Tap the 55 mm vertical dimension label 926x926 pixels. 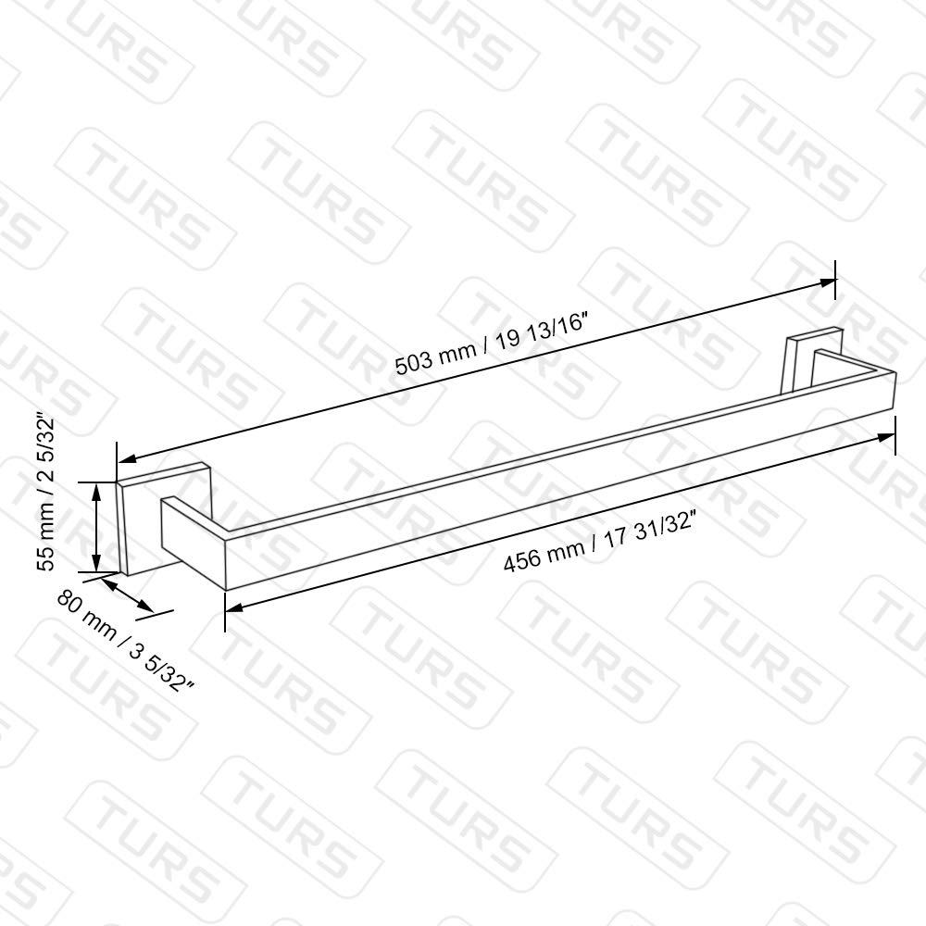(45, 492)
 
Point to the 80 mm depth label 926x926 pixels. (126, 642)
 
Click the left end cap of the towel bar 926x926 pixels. (194, 542)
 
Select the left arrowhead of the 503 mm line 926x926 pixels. (127, 457)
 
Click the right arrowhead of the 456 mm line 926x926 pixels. (886, 438)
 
